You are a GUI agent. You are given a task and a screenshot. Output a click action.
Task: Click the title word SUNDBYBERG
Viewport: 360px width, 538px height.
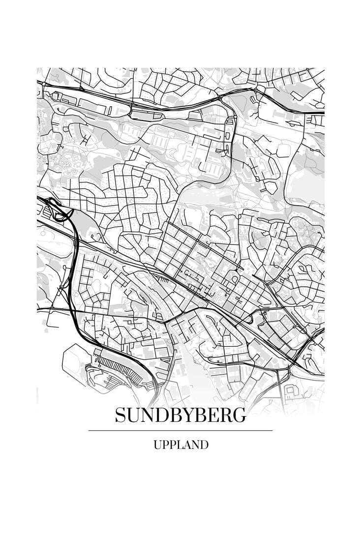pos(180,415)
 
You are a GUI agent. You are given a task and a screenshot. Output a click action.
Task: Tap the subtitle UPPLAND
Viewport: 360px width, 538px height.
pos(180,445)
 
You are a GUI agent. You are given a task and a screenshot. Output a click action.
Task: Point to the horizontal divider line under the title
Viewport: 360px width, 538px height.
pos(180,430)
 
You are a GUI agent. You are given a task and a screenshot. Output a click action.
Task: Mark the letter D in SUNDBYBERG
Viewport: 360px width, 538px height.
pos(161,415)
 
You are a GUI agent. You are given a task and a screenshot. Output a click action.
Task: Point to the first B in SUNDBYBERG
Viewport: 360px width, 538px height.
pos(174,415)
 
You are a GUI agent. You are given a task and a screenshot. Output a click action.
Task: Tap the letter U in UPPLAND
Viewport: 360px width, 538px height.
pos(157,445)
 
